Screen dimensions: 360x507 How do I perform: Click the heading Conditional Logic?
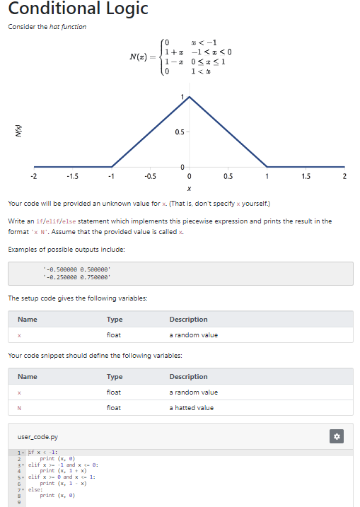(x=79, y=9)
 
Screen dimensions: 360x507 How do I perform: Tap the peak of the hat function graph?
(x=190, y=98)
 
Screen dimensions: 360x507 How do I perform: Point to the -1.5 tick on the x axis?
(x=72, y=176)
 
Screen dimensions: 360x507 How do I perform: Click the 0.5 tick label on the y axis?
(x=180, y=131)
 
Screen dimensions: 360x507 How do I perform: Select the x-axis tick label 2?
(x=344, y=176)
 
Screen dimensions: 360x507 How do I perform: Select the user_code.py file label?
(x=38, y=438)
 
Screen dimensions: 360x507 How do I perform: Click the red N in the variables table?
(x=20, y=407)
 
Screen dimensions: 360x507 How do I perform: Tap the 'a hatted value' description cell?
(x=193, y=407)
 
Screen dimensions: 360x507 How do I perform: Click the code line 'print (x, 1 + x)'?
(x=63, y=470)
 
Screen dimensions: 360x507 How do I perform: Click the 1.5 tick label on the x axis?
(x=305, y=176)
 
